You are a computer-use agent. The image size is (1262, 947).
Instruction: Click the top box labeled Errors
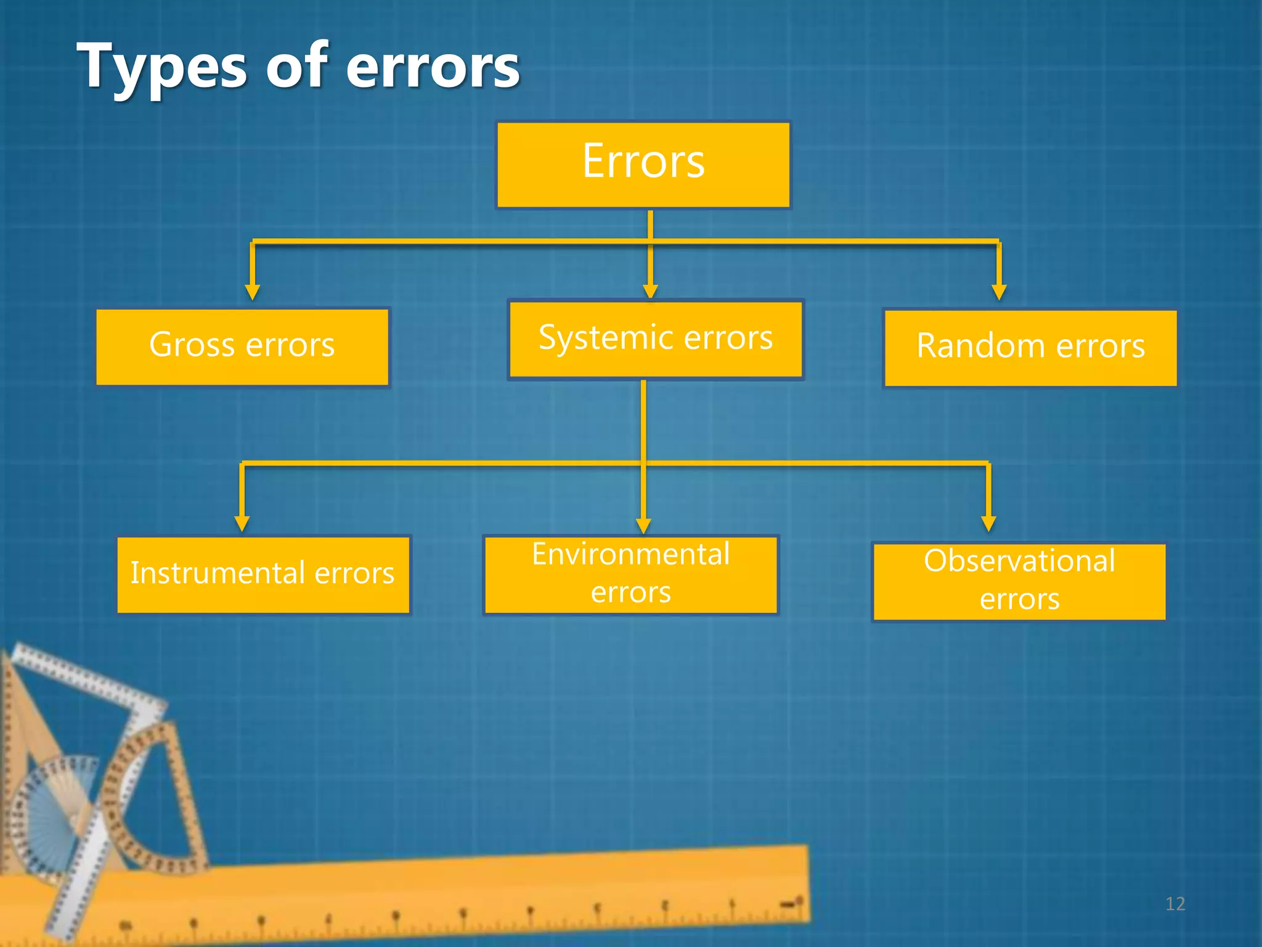[643, 165]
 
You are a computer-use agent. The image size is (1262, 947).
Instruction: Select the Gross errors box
[242, 347]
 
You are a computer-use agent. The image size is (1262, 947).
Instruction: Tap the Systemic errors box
[656, 339]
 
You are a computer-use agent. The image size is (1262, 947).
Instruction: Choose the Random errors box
[1030, 348]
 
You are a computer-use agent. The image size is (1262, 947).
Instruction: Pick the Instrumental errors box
[263, 575]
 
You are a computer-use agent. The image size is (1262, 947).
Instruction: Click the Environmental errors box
[630, 575]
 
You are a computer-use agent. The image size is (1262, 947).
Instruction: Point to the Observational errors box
[1019, 581]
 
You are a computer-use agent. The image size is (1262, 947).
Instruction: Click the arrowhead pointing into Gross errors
[252, 292]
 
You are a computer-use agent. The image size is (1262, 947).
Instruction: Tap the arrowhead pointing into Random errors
[999, 292]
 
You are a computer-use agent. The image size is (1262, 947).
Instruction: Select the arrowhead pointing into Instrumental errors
[242, 523]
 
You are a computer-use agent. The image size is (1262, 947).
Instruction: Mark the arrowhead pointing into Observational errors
[988, 523]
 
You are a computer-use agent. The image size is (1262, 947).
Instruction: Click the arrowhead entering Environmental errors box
[643, 526]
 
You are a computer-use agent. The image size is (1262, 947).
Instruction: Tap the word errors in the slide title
[433, 67]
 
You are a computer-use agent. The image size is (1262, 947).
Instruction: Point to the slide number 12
[1175, 904]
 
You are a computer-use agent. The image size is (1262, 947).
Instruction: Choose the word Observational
[1019, 561]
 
